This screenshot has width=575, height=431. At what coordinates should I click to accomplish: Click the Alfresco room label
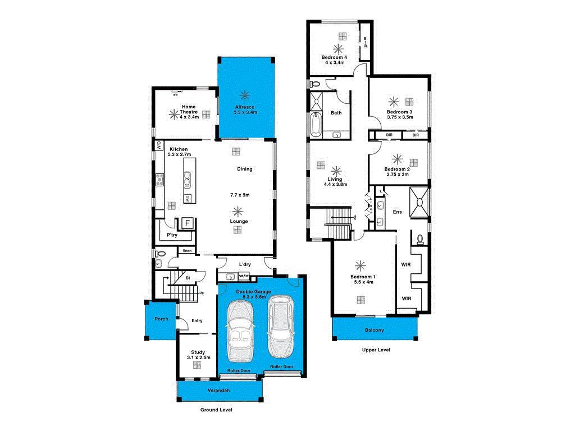click(245, 107)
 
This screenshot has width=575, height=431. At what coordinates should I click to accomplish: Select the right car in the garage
click(280, 327)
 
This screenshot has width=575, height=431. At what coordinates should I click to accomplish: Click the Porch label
click(161, 319)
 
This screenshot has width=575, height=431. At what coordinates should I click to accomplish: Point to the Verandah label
click(219, 390)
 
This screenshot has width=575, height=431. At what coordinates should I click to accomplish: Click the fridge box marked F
click(188, 222)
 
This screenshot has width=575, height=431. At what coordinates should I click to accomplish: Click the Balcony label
click(375, 331)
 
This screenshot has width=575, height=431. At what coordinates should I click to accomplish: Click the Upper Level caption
click(376, 350)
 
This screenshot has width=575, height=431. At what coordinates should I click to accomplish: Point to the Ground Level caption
click(216, 410)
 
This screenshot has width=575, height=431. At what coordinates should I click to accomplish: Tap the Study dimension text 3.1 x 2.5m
click(198, 357)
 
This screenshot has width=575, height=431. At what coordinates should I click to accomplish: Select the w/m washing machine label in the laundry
click(244, 276)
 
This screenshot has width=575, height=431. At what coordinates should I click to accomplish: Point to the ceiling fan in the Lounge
click(239, 211)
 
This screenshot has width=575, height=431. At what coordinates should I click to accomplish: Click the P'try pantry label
click(172, 235)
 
